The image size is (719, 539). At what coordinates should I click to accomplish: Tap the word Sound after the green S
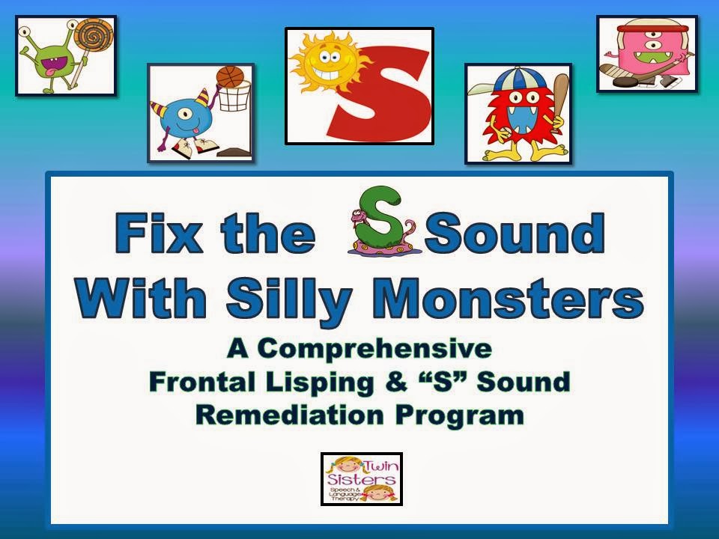515,234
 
